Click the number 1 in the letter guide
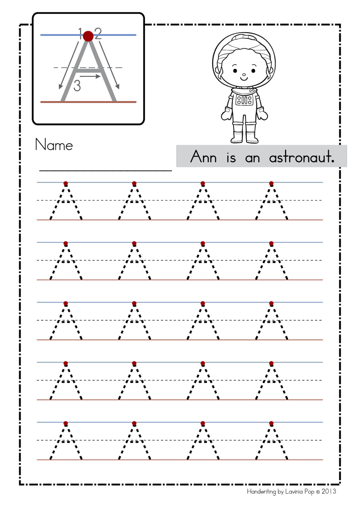point(81,32)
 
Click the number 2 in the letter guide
point(98,33)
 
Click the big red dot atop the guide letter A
point(88,36)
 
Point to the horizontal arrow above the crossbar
point(90,75)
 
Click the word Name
point(54,145)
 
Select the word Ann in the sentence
point(204,157)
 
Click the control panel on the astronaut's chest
point(244,100)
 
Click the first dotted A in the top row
point(66,202)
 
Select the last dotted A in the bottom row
point(271,442)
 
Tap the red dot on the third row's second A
point(134,303)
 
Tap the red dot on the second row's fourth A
point(271,243)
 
